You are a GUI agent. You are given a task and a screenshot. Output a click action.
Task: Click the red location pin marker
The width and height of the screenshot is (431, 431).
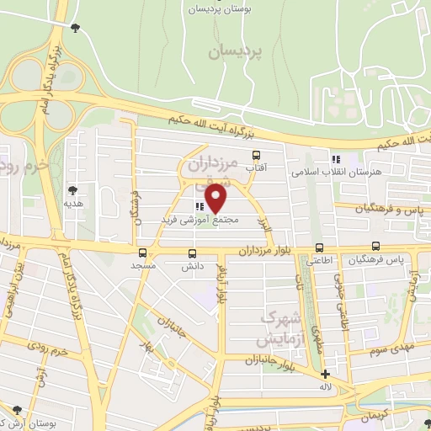[x=216, y=197]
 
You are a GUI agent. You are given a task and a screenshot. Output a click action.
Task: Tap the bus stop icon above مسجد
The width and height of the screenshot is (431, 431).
[x=142, y=253]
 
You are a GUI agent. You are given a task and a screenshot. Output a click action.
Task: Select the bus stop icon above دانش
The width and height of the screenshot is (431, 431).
[x=193, y=253]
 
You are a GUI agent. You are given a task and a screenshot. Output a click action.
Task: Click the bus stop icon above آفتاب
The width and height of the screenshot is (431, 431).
[x=257, y=155]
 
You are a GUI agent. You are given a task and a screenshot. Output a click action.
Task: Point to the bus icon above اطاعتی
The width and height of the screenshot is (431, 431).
[x=319, y=247]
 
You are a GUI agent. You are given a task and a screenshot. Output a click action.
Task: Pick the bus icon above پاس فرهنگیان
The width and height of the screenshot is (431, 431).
[x=375, y=247]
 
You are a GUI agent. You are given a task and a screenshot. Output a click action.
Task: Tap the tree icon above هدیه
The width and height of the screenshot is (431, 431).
[x=73, y=190]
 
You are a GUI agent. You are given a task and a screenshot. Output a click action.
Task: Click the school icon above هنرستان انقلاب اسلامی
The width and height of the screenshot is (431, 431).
[x=336, y=158]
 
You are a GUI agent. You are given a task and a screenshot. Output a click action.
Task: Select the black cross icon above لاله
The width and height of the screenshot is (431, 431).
[x=326, y=374]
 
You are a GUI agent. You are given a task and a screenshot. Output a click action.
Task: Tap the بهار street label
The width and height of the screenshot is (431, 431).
[x=150, y=348]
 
